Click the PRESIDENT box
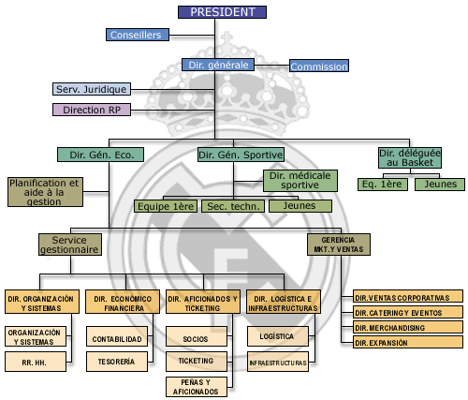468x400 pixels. point(222,12)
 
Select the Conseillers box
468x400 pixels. point(138,35)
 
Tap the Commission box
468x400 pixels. point(319,66)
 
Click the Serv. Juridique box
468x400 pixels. point(92,89)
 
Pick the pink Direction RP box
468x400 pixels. point(92,110)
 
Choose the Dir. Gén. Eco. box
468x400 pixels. point(100,155)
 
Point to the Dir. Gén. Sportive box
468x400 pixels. point(241,155)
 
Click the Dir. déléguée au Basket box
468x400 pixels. point(410,158)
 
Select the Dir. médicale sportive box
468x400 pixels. point(300,181)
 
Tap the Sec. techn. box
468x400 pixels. point(233,206)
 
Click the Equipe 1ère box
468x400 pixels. point(166,206)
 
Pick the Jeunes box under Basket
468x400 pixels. point(440,185)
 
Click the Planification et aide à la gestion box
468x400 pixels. point(45,192)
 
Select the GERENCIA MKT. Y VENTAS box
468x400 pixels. point(339,244)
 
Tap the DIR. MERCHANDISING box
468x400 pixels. point(408,328)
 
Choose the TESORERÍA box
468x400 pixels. point(117,362)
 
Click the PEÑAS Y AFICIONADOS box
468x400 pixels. point(197,387)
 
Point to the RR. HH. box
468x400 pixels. point(36,362)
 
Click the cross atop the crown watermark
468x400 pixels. point(227,38)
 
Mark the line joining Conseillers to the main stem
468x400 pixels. point(192,36)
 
